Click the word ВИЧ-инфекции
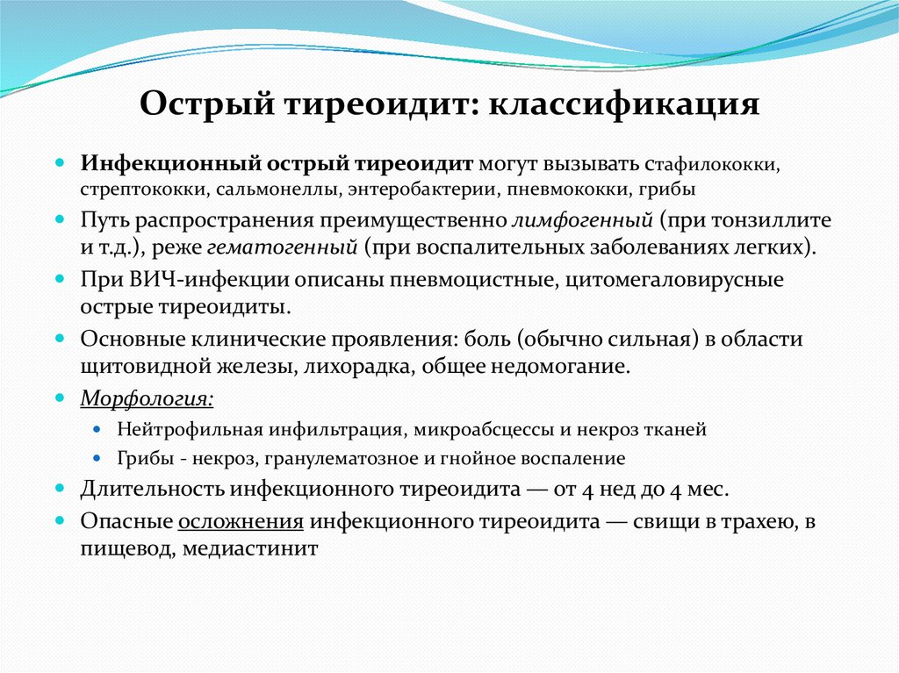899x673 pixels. click(x=181, y=280)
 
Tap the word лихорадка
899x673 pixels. click(x=359, y=366)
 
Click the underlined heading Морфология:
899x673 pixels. click(x=147, y=399)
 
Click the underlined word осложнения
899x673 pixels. click(x=241, y=521)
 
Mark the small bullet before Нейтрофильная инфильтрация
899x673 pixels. click(x=98, y=431)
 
